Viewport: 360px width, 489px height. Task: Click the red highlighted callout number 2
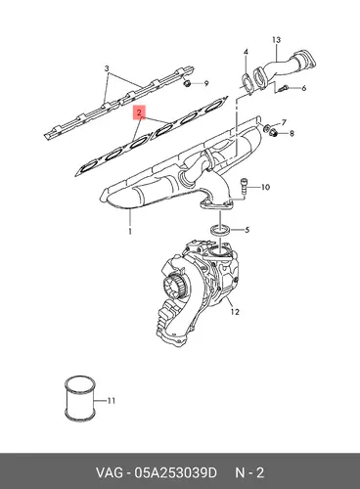click(139, 112)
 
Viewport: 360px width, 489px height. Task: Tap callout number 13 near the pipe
click(276, 40)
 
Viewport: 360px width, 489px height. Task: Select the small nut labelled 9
click(187, 83)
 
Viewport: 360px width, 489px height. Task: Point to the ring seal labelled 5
click(221, 230)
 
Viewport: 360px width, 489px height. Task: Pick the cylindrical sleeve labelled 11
click(80, 398)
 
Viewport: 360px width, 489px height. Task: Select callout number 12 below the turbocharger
click(235, 312)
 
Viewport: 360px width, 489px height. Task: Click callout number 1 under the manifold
click(130, 232)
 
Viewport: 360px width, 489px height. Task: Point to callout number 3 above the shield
click(107, 68)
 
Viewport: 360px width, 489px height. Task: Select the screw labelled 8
click(274, 132)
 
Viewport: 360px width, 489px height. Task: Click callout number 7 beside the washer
click(284, 122)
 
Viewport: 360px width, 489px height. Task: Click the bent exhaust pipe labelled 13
click(284, 67)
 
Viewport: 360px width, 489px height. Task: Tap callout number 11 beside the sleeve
click(112, 400)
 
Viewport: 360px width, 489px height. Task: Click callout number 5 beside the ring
click(247, 230)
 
